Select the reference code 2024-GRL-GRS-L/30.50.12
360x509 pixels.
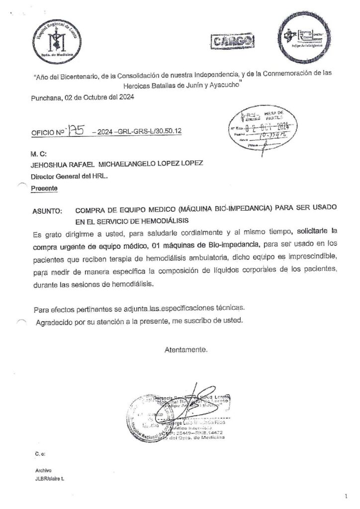141,133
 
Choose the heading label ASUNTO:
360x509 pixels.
47,211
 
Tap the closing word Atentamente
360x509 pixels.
186,349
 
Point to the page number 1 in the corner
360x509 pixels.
346,496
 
